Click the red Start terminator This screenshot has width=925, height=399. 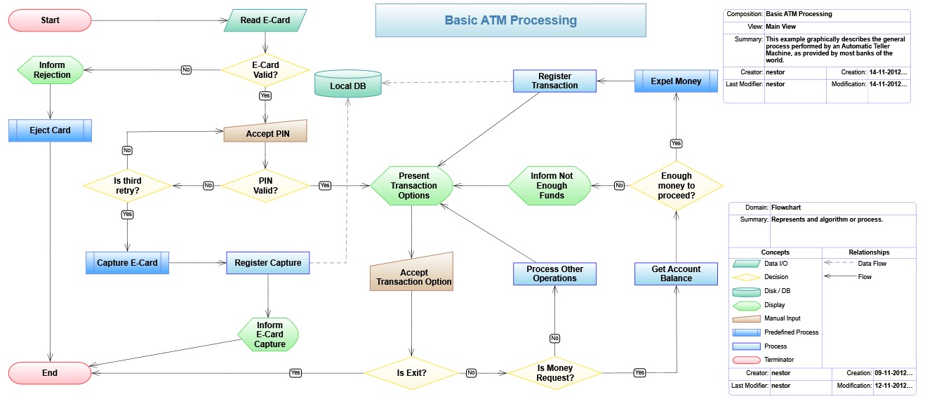coord(50,20)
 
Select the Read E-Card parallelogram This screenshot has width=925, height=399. coord(265,20)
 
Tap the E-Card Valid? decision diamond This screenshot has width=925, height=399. coord(265,69)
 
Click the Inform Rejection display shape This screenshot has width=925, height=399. coord(51,69)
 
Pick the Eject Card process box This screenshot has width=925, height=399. coord(50,130)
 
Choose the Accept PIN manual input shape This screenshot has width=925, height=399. coord(265,132)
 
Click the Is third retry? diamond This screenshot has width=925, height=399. coord(127,185)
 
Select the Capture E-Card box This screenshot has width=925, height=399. coord(127,263)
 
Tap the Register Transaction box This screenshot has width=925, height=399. coord(554,81)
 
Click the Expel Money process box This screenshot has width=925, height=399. coord(676,81)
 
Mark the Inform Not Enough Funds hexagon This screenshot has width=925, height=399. coord(551,186)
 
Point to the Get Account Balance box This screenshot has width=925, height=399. coord(676,273)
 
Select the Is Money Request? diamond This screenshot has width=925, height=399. coord(554,372)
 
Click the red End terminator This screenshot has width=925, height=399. coord(50,372)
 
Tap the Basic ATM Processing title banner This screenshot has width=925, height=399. coord(510,20)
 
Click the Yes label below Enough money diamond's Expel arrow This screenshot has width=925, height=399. coord(676,143)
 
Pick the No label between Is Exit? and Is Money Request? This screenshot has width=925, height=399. coord(471,372)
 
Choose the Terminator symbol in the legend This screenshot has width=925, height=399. coord(746,360)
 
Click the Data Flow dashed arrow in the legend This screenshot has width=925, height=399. coord(837,264)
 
